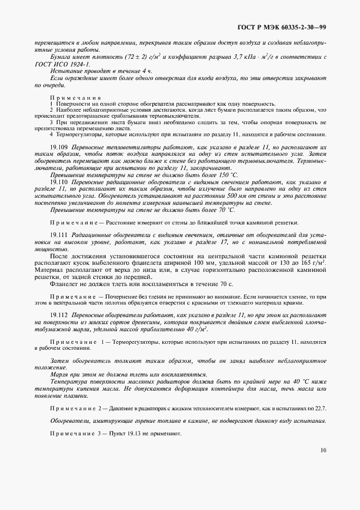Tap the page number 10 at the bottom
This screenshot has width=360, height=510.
(324, 450)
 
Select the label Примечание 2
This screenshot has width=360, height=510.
(77, 408)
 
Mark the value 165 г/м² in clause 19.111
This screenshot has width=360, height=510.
(316, 262)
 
